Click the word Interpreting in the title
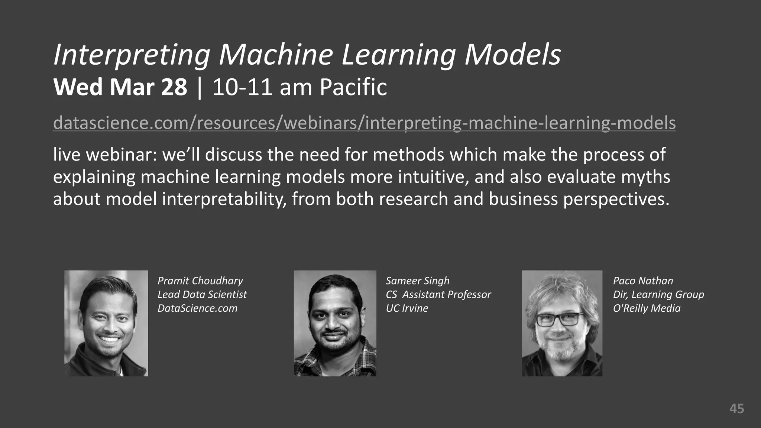132,55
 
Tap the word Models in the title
513,55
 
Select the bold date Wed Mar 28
120,87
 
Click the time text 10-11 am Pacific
299,87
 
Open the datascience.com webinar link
364,123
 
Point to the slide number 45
736,409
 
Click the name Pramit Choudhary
200,281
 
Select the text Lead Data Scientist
202,295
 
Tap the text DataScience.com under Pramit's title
197,308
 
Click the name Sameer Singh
417,281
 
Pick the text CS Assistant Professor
438,295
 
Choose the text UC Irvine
407,308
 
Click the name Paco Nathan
643,281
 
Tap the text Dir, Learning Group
658,295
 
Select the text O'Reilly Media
647,308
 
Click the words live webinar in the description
105,155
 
